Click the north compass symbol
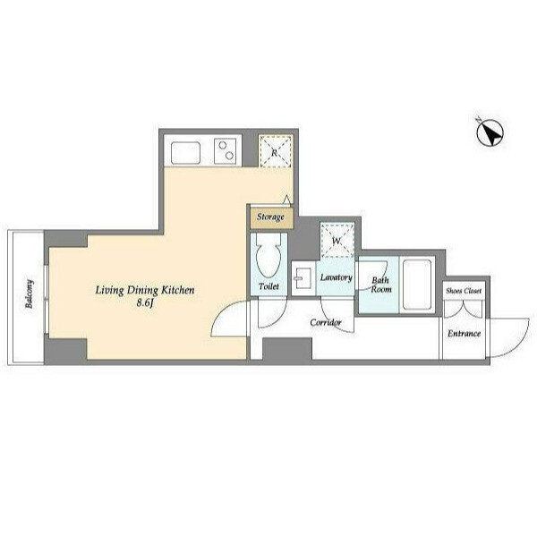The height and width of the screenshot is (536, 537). click(x=490, y=132)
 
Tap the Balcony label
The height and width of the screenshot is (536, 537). click(x=30, y=294)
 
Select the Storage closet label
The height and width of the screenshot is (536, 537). click(x=270, y=217)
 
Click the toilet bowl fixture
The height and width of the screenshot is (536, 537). click(x=268, y=255)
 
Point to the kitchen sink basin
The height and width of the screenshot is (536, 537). click(x=185, y=153)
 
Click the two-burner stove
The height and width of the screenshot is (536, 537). click(x=226, y=151)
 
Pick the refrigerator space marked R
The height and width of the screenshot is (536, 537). click(x=276, y=151)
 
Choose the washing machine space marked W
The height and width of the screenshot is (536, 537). click(x=337, y=240)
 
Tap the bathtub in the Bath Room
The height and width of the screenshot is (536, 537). click(x=417, y=285)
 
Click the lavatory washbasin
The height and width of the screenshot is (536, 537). click(x=303, y=278)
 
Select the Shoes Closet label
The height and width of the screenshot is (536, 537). click(x=464, y=291)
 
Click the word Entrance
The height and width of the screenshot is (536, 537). click(x=464, y=333)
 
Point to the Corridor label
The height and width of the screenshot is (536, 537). click(x=326, y=322)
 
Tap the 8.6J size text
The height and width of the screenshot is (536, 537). click(x=144, y=302)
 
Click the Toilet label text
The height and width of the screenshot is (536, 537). click(x=268, y=286)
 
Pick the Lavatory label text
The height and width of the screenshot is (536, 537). click(x=336, y=277)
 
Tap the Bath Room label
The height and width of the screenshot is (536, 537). click(x=381, y=285)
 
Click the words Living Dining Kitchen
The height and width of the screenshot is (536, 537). click(x=145, y=291)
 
